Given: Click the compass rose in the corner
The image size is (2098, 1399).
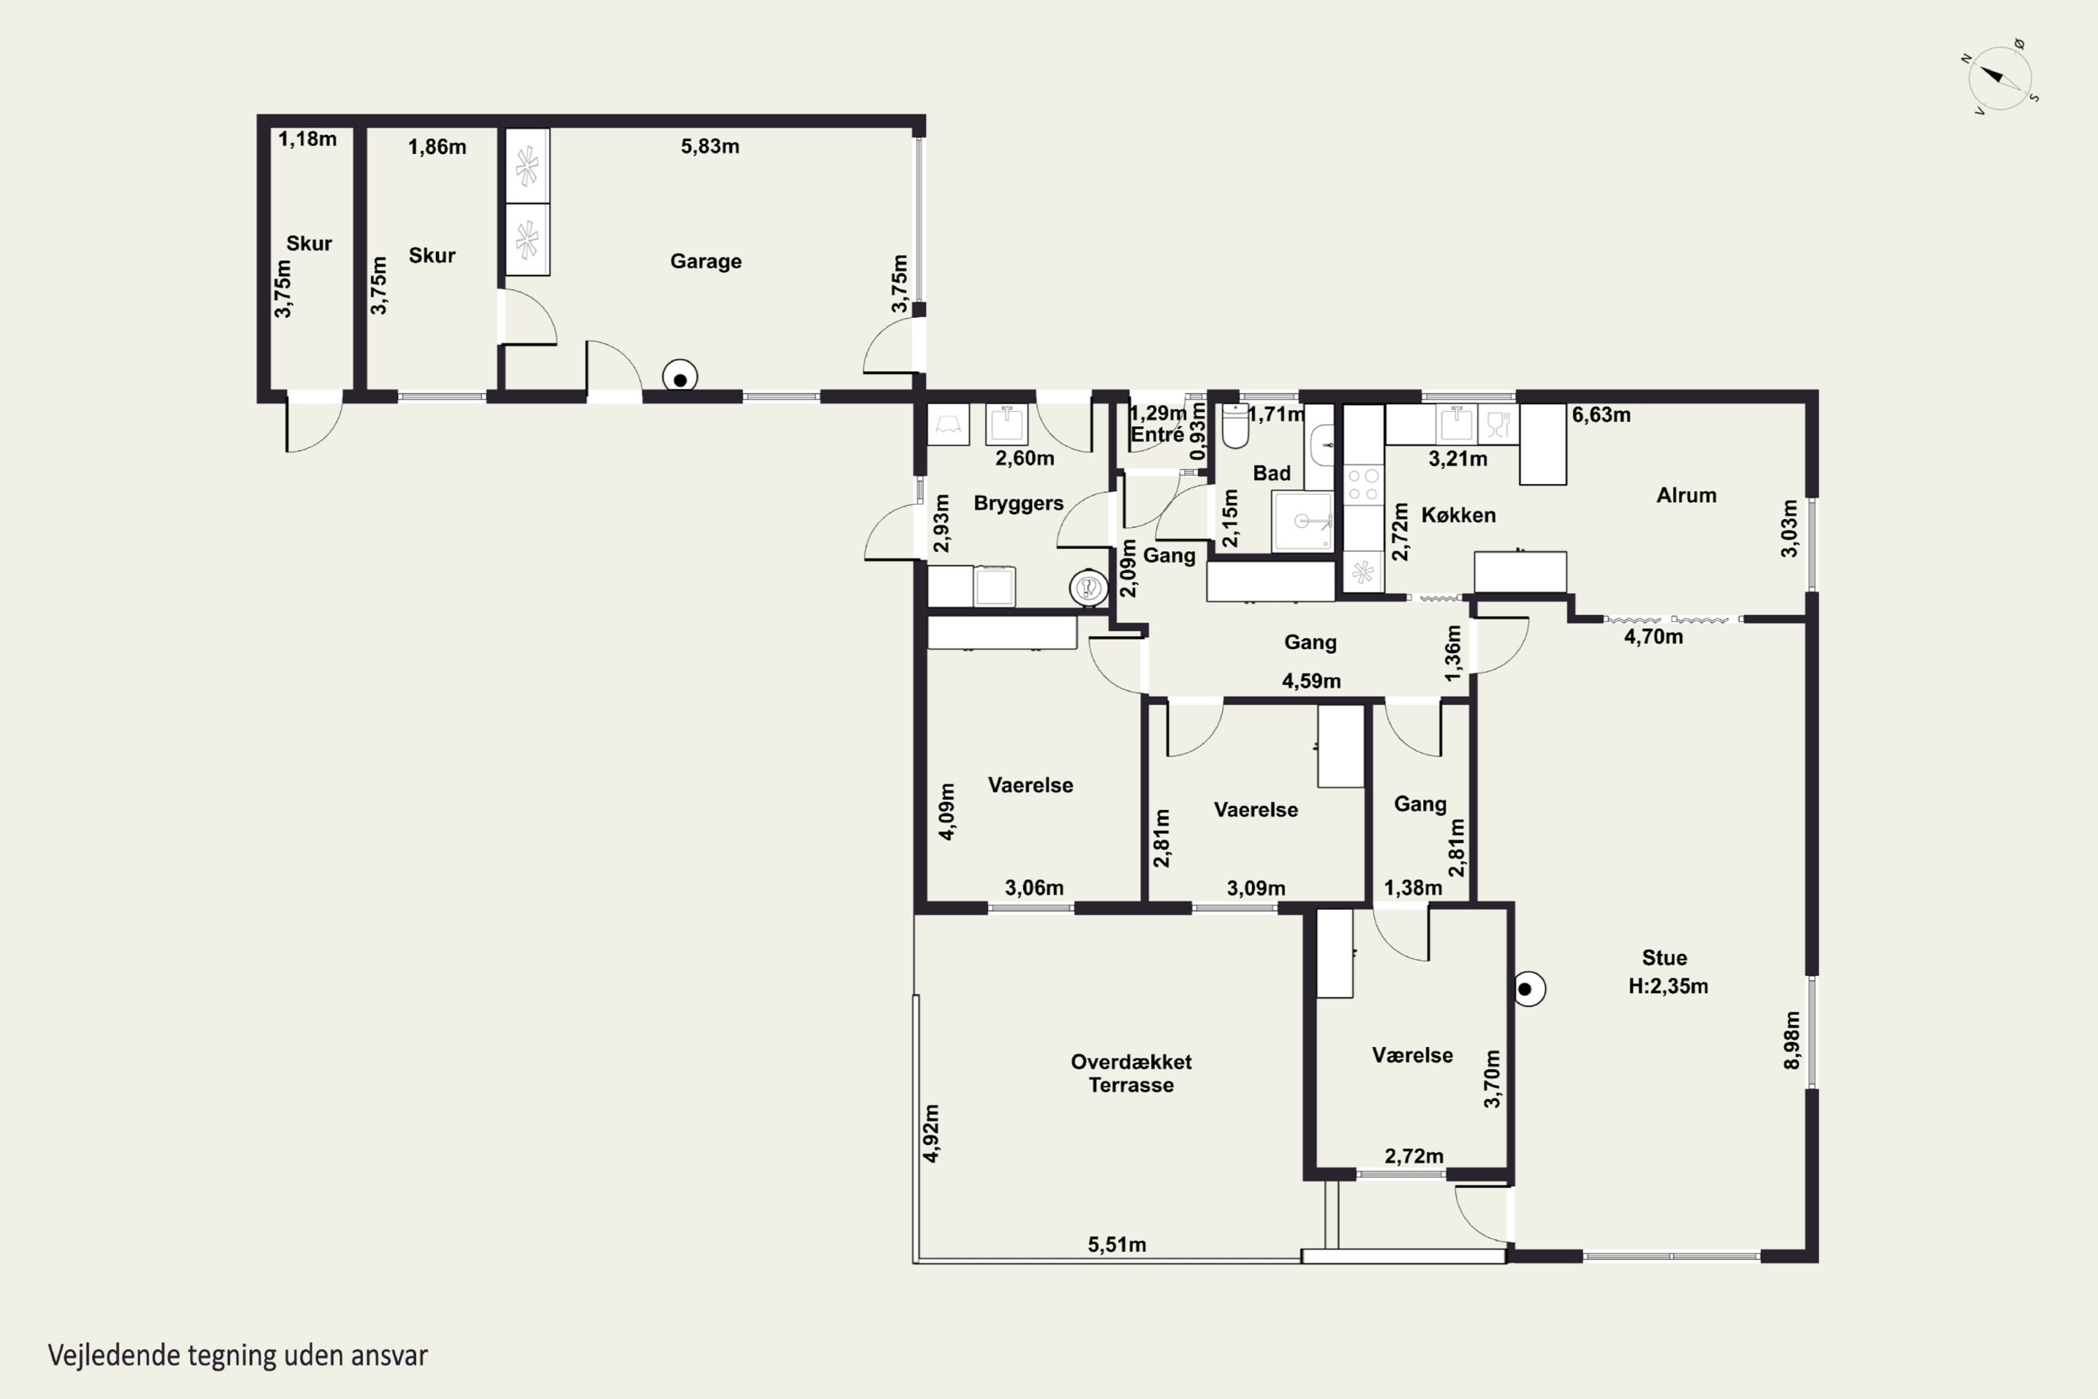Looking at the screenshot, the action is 2000,78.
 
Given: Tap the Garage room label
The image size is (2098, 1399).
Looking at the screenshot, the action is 706,262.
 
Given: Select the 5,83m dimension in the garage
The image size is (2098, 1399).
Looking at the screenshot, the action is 710,146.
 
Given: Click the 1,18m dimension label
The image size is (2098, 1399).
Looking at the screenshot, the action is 308,139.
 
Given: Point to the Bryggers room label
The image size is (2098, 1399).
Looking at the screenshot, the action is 1019,503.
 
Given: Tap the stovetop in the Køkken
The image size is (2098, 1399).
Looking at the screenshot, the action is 1363,485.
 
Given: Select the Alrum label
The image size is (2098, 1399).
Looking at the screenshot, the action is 1686,495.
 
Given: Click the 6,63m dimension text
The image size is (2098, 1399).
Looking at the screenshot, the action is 1601,415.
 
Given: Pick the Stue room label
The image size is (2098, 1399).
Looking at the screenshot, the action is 1664,958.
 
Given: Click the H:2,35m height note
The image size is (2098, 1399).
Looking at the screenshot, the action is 1668,986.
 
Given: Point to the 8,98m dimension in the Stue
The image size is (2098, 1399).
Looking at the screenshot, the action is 1791,1039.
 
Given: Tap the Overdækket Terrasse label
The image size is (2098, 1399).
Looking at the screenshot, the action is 1131,1073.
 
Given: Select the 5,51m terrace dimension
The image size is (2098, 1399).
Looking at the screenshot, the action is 1117,1244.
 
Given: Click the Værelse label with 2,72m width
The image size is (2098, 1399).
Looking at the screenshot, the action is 1412,1056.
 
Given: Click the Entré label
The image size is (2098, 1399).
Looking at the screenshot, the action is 1157,434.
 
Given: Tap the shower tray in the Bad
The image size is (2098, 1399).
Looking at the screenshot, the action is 1302,520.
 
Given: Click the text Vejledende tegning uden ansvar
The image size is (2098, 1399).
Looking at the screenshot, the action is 238,1356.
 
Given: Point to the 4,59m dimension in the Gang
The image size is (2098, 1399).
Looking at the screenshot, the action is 1311,681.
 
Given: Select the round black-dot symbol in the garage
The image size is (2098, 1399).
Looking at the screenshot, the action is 680,378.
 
